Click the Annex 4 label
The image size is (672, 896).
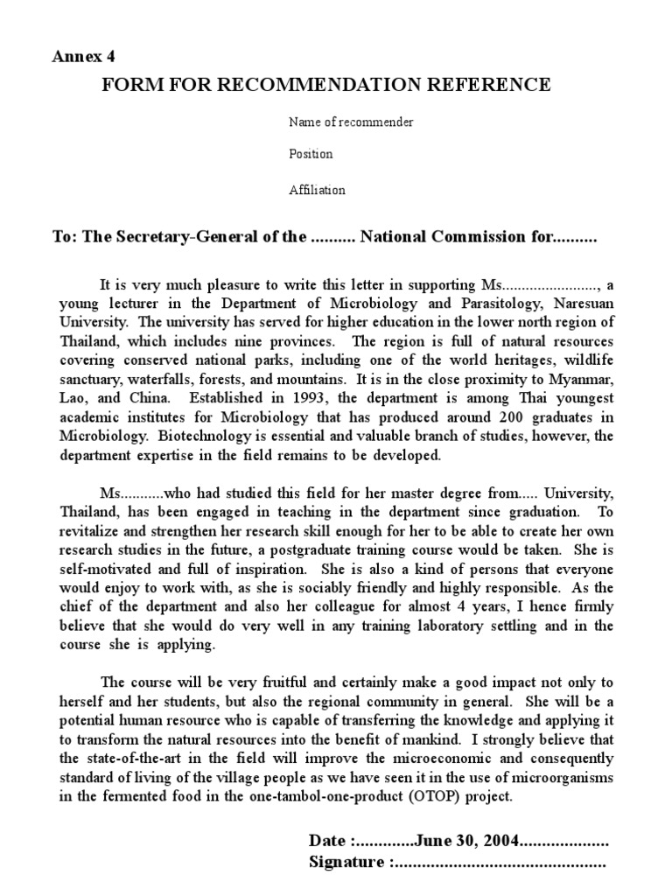point(84,57)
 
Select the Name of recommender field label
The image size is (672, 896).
point(351,122)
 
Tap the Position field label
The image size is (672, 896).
point(311,155)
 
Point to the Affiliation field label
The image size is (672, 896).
point(317,190)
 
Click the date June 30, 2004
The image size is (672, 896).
point(465,841)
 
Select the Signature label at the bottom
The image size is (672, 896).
point(347,863)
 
